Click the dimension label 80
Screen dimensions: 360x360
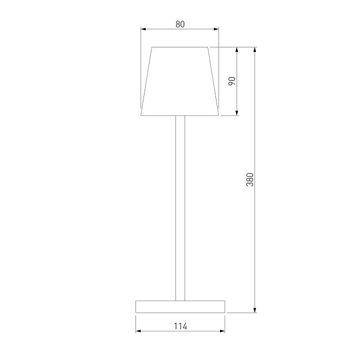(x=180, y=24)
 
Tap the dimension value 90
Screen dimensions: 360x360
(x=231, y=81)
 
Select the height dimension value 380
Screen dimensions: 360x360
(x=249, y=179)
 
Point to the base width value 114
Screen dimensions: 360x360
(x=180, y=326)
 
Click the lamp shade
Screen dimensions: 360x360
(x=180, y=81)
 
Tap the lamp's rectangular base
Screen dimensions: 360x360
(x=180, y=306)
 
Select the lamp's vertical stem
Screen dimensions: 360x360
(x=180, y=206)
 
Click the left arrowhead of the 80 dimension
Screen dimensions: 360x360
(x=143, y=30)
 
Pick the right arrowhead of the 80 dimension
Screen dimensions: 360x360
(x=216, y=30)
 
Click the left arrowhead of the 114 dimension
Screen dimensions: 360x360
(x=138, y=331)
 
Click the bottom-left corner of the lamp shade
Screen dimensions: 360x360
(x=141, y=115)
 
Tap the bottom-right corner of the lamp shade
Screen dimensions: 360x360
(x=219, y=115)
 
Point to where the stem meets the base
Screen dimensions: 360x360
(x=180, y=300)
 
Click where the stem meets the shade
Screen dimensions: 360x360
(x=180, y=116)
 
